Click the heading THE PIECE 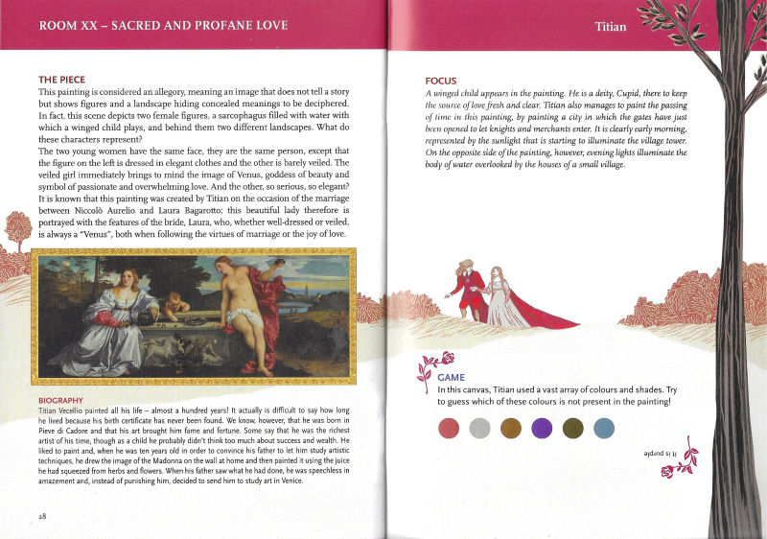(61, 79)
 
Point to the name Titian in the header (610, 26)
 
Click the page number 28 (42, 515)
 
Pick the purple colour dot (542, 428)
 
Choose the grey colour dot (480, 428)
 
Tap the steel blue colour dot (603, 428)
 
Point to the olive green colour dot (572, 428)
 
